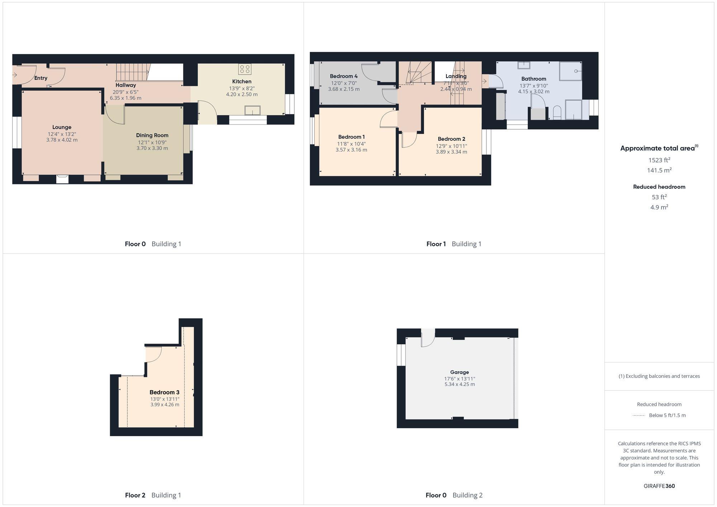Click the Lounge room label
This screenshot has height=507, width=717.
62,127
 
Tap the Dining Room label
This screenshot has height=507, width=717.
152,135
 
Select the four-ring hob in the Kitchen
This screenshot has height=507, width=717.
245,69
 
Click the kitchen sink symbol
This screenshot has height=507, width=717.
252,110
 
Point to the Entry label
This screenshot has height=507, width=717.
41,78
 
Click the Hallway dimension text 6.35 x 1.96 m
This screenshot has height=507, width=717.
125,98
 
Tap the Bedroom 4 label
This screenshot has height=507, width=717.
343,76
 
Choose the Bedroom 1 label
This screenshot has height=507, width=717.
351,137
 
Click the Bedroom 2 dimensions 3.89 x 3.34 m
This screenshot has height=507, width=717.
451,152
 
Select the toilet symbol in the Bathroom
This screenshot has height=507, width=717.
557,113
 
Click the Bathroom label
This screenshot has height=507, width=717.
533,79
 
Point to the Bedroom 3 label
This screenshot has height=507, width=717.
164,392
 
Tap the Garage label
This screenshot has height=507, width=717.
459,372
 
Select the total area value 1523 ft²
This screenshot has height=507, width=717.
659,160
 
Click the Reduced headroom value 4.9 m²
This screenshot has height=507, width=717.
659,207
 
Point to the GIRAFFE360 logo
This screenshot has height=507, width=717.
659,486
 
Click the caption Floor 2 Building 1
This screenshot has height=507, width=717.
153,495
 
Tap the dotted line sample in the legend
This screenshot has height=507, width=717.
639,416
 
